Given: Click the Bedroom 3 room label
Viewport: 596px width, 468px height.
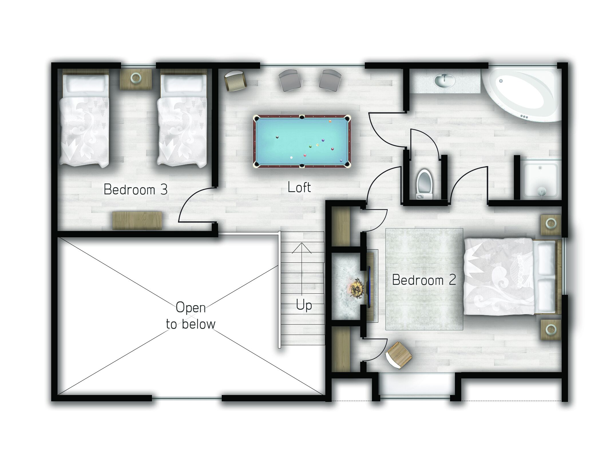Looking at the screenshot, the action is pyautogui.click(x=135, y=189).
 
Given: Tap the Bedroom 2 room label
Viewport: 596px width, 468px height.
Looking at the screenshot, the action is pyautogui.click(x=424, y=280).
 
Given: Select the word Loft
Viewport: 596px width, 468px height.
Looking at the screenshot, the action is pyautogui.click(x=299, y=187).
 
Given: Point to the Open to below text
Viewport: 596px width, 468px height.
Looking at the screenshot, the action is pyautogui.click(x=191, y=316).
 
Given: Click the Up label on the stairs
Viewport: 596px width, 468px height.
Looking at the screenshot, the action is pyautogui.click(x=304, y=305).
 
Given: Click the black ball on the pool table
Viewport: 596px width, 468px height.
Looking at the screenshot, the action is pyautogui.click(x=277, y=137).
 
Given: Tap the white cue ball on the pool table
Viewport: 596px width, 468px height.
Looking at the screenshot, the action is pyautogui.click(x=291, y=157).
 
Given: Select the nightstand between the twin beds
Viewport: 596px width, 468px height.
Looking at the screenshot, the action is pyautogui.click(x=136, y=79).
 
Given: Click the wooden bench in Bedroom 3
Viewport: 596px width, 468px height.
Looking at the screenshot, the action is pyautogui.click(x=137, y=220).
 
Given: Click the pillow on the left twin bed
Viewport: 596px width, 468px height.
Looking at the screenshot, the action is pyautogui.click(x=85, y=84).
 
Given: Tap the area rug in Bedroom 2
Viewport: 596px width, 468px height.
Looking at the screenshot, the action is pyautogui.click(x=424, y=279).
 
